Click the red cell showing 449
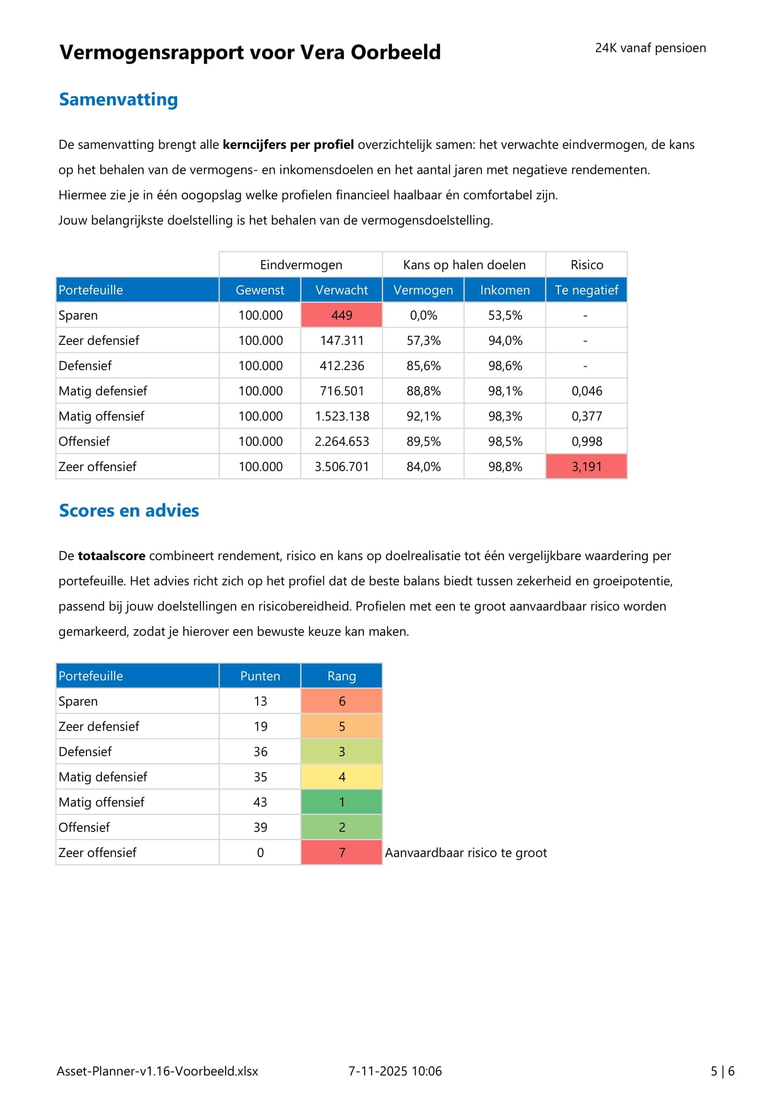pyautogui.click(x=341, y=315)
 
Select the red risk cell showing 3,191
pyautogui.click(x=586, y=466)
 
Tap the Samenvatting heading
pyautogui.click(x=118, y=99)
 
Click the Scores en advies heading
pyautogui.click(x=129, y=510)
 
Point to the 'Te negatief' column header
pyautogui.click(x=586, y=290)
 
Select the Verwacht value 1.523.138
pyautogui.click(x=341, y=416)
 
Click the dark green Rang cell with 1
pyautogui.click(x=341, y=802)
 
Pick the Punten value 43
pyautogui.click(x=260, y=802)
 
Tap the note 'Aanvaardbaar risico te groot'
pyautogui.click(x=465, y=852)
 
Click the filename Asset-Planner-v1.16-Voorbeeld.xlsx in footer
pyautogui.click(x=157, y=1071)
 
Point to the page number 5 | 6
pyautogui.click(x=722, y=1071)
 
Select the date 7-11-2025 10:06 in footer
pyautogui.click(x=394, y=1071)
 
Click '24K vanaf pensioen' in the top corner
pyautogui.click(x=650, y=48)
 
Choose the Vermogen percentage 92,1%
pyautogui.click(x=423, y=416)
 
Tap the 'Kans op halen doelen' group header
pyautogui.click(x=464, y=264)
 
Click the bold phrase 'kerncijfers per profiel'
pyautogui.click(x=288, y=144)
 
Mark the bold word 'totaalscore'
pyautogui.click(x=111, y=556)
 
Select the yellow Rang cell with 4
pyautogui.click(x=341, y=777)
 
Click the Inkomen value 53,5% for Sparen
pyautogui.click(x=505, y=315)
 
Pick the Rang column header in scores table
pyautogui.click(x=341, y=676)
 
